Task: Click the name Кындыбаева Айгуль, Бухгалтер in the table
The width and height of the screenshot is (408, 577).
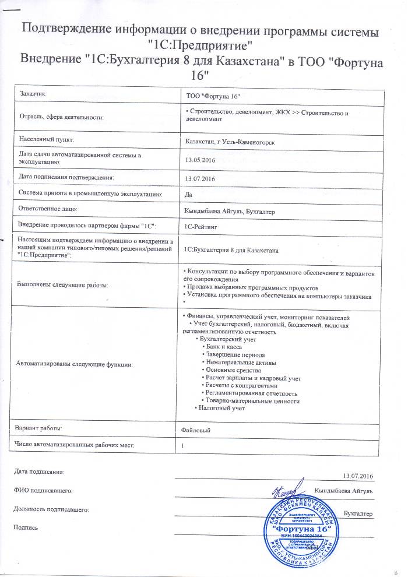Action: [229, 211]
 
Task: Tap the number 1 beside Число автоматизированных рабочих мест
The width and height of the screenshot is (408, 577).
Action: [183, 446]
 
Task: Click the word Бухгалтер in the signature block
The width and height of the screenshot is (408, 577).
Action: [358, 513]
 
